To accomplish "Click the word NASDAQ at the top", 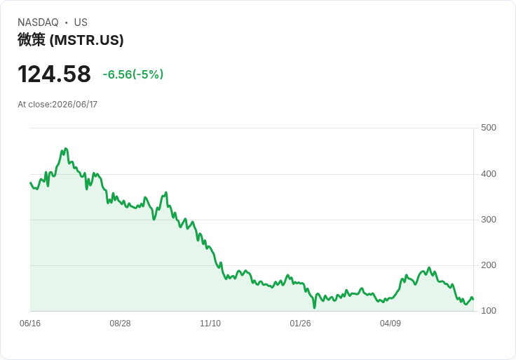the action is (x=38, y=22).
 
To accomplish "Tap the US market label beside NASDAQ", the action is (x=81, y=22).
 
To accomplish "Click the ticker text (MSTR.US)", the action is (x=86, y=40).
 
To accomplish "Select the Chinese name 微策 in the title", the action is (x=32, y=40).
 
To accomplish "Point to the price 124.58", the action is (x=54, y=74).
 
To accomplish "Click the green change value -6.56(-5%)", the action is (x=133, y=74).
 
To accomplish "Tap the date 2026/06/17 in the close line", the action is (x=75, y=105).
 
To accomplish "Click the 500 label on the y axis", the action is (x=489, y=128).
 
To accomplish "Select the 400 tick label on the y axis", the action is (x=489, y=173).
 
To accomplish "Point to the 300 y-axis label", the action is (x=489, y=220).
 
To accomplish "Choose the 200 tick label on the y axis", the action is (x=489, y=265).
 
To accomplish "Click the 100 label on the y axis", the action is (x=489, y=311).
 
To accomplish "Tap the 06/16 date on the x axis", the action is (x=30, y=324).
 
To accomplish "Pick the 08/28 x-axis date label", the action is (x=120, y=324).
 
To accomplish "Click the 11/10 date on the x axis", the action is (x=210, y=324).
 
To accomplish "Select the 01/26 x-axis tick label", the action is (x=300, y=324).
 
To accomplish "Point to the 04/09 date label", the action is (x=391, y=324).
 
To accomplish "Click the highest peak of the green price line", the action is (x=66, y=149).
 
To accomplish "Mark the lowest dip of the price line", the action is (x=314, y=308).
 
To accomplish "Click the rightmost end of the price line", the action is (x=473, y=299).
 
